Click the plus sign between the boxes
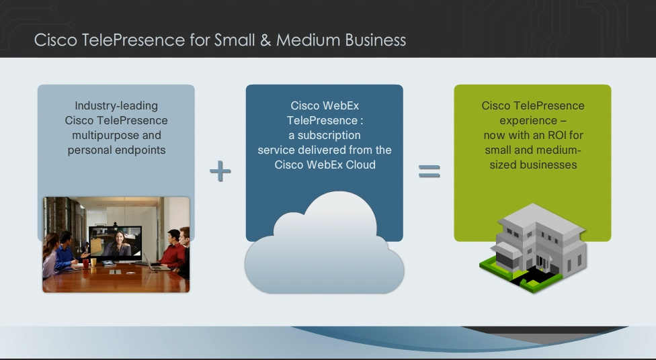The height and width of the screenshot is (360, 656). (220, 171)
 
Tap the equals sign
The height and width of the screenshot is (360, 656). (429, 171)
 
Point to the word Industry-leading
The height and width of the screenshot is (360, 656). (116, 106)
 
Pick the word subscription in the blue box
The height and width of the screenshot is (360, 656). (329, 136)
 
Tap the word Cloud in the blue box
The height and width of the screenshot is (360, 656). (361, 165)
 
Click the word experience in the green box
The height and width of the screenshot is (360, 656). (528, 121)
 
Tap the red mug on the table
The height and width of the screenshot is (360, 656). (86, 263)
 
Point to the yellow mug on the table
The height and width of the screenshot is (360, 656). (93, 262)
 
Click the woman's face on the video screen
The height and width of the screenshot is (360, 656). (119, 238)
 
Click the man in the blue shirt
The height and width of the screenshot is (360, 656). (66, 251)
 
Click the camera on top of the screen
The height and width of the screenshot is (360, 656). (115, 224)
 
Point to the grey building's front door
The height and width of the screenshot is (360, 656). (542, 263)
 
